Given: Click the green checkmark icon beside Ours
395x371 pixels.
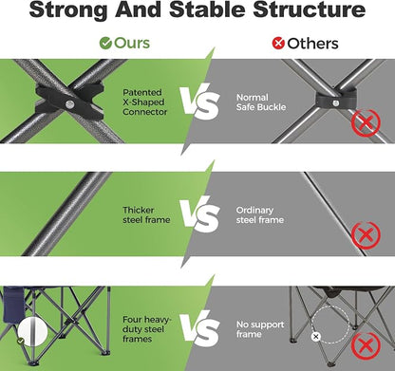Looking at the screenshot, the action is coord(105,44).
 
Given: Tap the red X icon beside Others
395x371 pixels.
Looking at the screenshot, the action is coord(278,44).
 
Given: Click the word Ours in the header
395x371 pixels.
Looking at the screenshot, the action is coord(132,44).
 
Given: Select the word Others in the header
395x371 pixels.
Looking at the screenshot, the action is coord(312,44).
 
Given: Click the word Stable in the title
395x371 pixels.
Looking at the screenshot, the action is coord(207,9).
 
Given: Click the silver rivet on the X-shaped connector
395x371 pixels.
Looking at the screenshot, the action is coord(68,104).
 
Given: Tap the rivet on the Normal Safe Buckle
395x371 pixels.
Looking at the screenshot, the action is coord(336,103).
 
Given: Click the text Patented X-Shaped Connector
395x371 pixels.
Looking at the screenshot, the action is coord(144,102).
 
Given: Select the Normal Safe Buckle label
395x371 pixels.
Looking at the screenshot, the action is coord(261,102).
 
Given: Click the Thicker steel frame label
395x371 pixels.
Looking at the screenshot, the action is coord(146,214).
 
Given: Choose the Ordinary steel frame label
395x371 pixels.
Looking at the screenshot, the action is coord(260,214).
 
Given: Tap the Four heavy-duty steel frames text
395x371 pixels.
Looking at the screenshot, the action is coord(146,329).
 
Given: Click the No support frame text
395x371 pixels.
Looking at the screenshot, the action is coord(260,329).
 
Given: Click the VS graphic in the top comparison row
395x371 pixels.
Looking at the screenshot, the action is coord(200,102).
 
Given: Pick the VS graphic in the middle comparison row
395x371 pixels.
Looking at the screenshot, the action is coord(200,214).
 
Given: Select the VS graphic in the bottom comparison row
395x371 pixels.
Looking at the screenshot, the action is coord(200,328).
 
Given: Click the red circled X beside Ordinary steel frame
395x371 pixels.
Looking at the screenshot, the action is coord(366,235).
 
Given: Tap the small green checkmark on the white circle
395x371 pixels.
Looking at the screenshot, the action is coord(21,341).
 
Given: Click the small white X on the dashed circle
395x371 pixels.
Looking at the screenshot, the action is coord(315,337).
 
